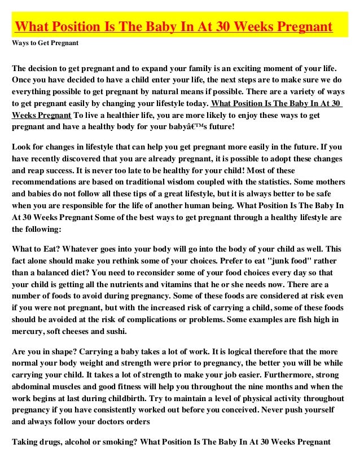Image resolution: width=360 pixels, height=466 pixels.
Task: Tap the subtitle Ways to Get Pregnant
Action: point(45,43)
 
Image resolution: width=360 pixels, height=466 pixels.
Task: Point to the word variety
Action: point(309,93)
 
